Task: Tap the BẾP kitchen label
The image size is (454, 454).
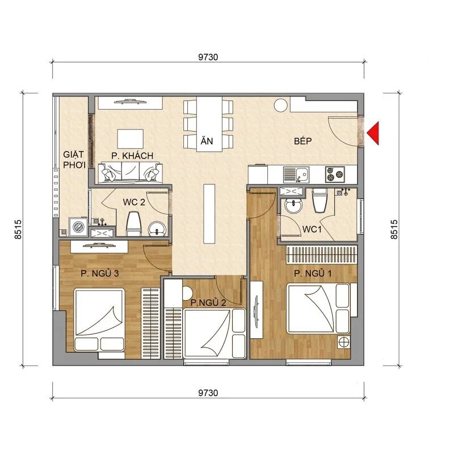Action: click(x=304, y=141)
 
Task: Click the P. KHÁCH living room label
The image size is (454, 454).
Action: click(x=132, y=155)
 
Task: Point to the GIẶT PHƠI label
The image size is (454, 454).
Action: click(x=74, y=159)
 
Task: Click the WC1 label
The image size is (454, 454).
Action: click(x=311, y=229)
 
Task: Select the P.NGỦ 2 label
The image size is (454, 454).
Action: click(x=208, y=302)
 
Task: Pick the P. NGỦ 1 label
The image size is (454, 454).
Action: click(x=313, y=274)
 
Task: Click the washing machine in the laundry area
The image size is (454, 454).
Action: click(x=77, y=226)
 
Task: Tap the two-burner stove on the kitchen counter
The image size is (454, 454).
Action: click(x=334, y=173)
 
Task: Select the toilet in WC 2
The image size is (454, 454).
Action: click(x=134, y=223)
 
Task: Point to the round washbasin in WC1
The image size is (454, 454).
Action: click(x=293, y=206)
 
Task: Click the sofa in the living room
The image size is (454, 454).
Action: click(x=131, y=173)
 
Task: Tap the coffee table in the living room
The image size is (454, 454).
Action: click(x=131, y=138)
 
